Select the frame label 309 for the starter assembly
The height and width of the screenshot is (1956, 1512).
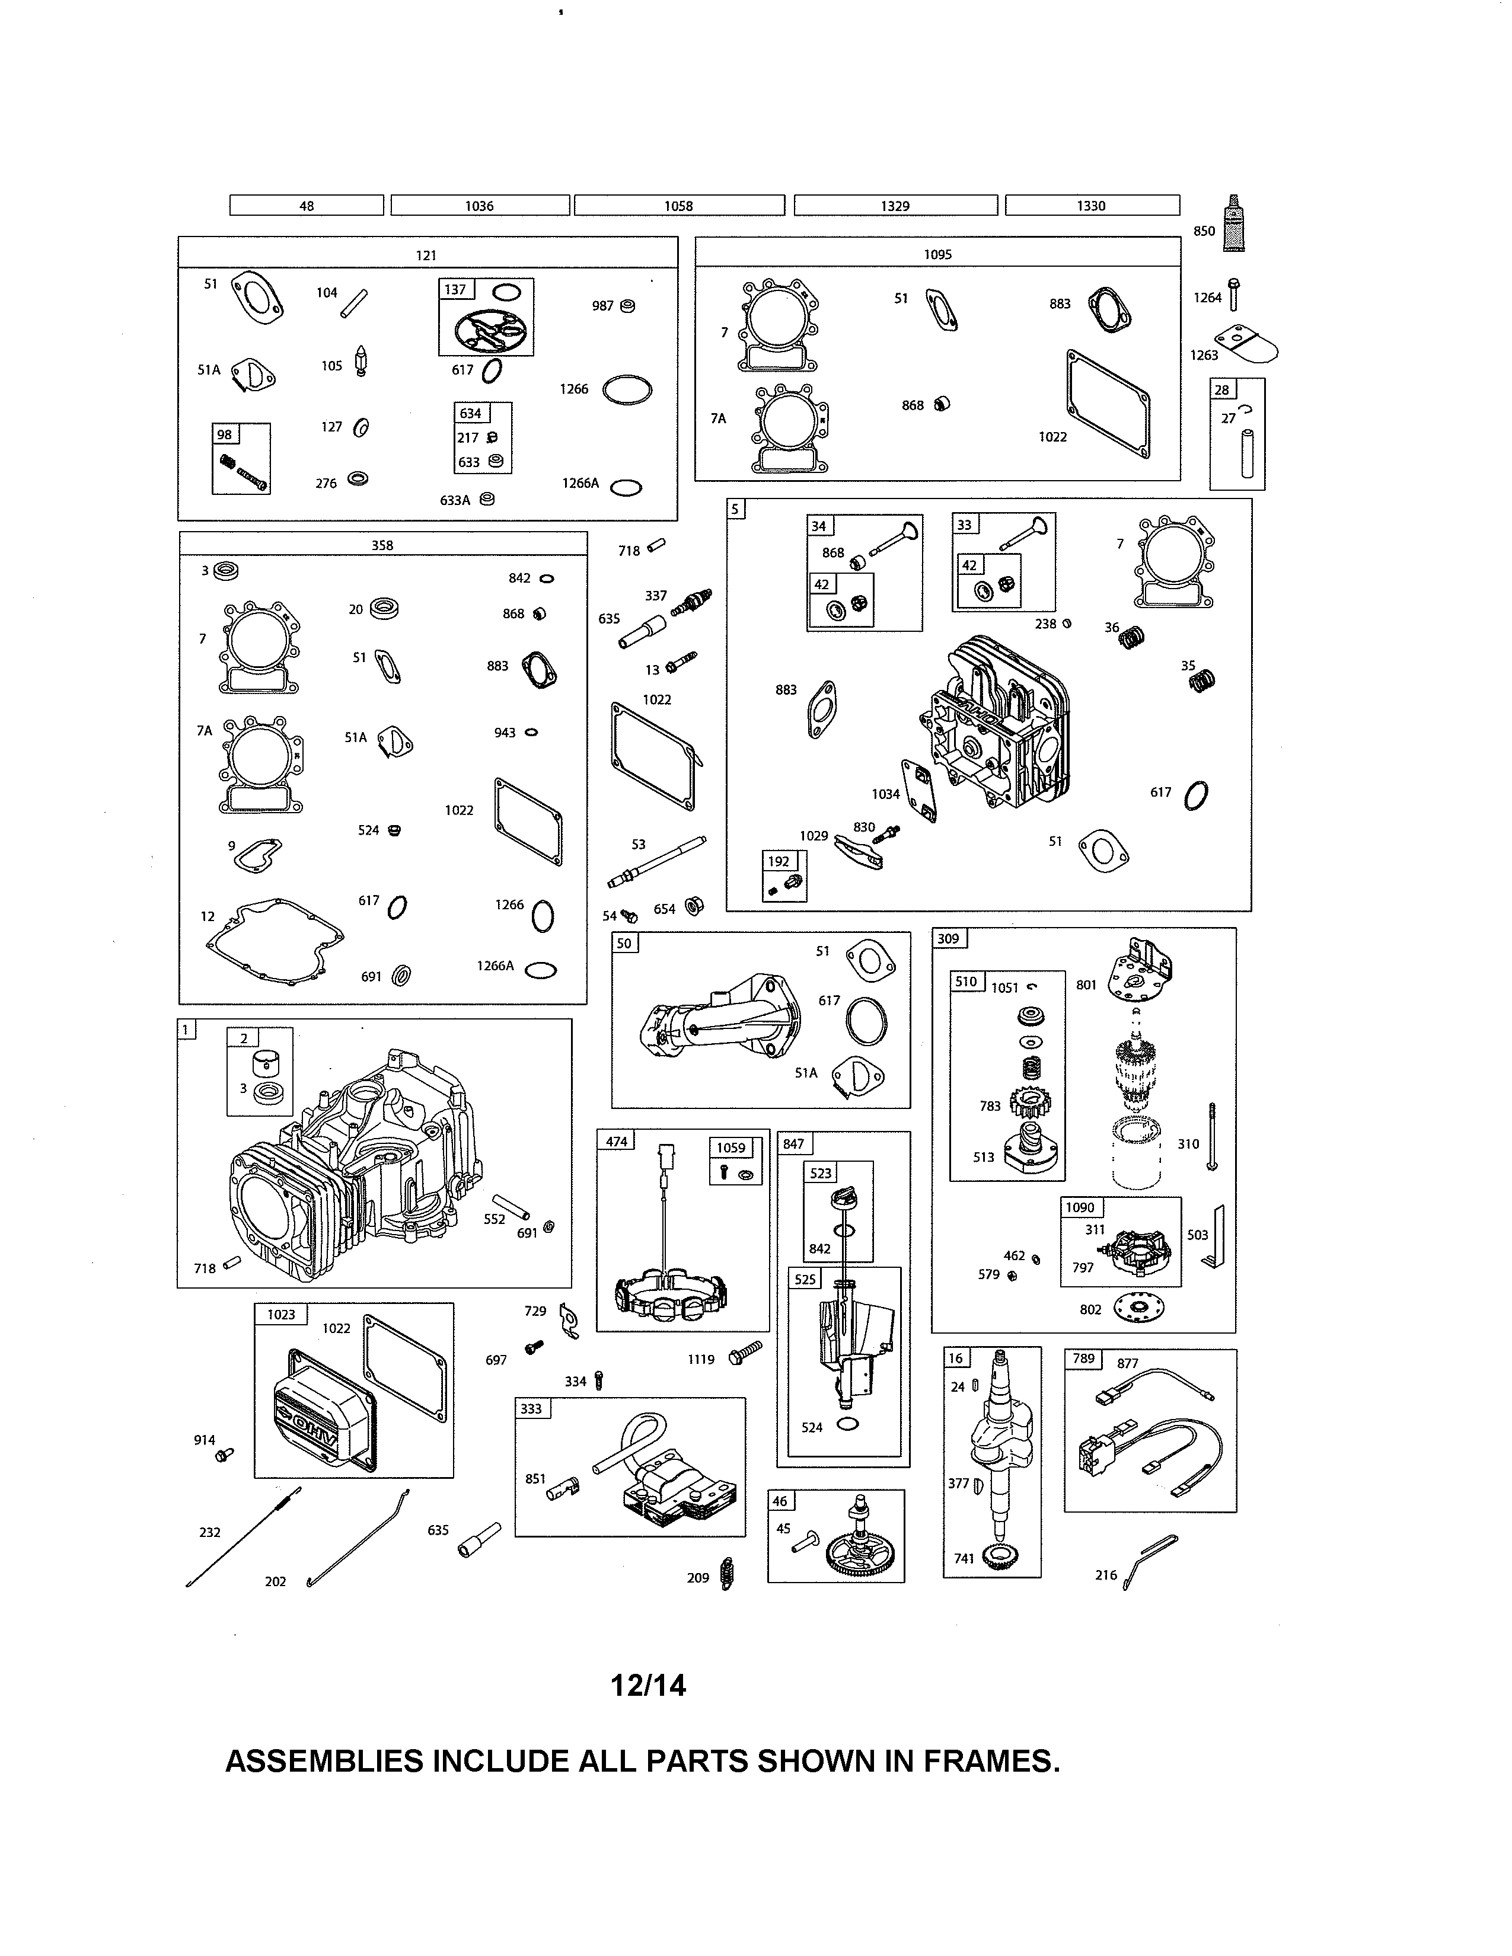948,939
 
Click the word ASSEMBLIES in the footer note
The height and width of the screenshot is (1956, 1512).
323,1761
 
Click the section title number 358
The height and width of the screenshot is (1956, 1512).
382,545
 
